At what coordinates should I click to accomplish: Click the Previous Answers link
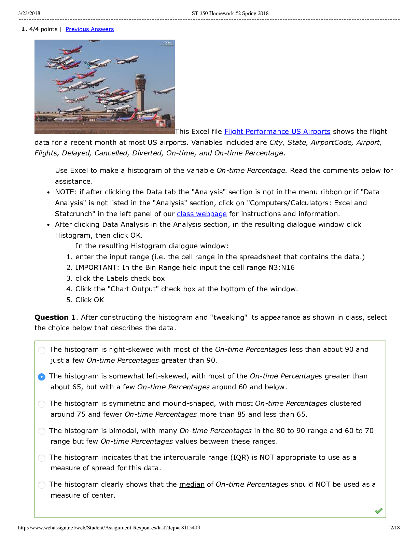click(x=89, y=29)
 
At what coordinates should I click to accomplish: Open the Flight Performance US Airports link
click(x=277, y=131)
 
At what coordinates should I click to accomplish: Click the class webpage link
click(x=201, y=214)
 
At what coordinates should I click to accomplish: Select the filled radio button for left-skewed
click(x=42, y=377)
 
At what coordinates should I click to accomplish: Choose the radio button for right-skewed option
click(x=42, y=350)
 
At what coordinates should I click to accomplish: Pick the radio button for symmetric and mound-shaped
click(x=42, y=404)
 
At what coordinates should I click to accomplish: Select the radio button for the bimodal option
click(x=42, y=431)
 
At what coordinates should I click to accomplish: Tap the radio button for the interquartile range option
click(x=42, y=458)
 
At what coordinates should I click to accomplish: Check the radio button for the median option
click(x=42, y=485)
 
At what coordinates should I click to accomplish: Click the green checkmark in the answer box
click(x=379, y=511)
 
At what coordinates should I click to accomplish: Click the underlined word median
click(x=192, y=484)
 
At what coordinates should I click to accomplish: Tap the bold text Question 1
click(x=55, y=317)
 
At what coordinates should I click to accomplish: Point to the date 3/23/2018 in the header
click(x=29, y=13)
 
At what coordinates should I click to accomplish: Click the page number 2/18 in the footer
click(x=395, y=528)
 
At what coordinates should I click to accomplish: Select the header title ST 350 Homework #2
click(x=230, y=13)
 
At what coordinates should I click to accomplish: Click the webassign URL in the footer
click(x=109, y=528)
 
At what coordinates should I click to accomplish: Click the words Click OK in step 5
click(x=89, y=300)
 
